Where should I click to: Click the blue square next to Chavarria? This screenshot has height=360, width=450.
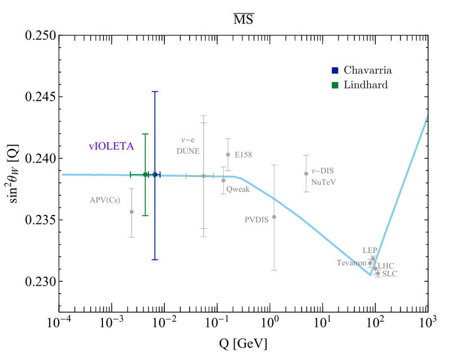(x=335, y=70)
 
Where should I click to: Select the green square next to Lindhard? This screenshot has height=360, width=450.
(x=335, y=84)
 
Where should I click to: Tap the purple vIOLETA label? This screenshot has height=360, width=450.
(x=111, y=146)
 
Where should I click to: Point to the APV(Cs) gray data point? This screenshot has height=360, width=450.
(x=132, y=211)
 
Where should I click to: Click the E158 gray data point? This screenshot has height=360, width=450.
(x=228, y=154)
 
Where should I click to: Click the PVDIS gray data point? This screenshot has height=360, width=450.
(x=274, y=217)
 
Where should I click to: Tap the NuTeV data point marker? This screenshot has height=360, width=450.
(x=306, y=174)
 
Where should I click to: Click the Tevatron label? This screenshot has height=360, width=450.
(x=352, y=263)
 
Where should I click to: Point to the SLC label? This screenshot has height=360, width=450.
(x=389, y=274)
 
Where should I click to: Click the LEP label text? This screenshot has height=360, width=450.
(x=370, y=250)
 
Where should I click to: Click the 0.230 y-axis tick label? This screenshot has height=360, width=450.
(x=41, y=281)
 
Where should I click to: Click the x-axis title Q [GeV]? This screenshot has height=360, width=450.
(x=244, y=343)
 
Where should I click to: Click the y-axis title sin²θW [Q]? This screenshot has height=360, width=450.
(x=13, y=172)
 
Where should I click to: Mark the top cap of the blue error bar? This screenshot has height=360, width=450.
(x=155, y=91)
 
